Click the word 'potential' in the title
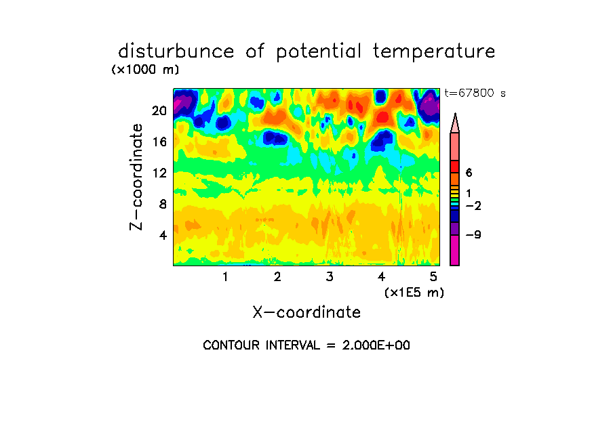pos(319,52)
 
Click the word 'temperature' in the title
pos(434,51)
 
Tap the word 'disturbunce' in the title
pos(176,51)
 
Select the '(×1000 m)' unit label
pos(145,70)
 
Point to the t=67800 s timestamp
pos(475,93)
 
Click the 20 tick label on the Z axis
pos(159,111)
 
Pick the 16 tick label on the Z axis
pos(159,142)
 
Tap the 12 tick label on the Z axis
pos(159,173)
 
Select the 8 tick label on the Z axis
pos(163,204)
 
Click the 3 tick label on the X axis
pos(330,276)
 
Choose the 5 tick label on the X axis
pos(433,276)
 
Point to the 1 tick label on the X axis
pos(225,276)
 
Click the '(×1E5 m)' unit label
pos(414,293)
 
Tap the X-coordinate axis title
pos(306,312)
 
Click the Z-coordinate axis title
pos(136,177)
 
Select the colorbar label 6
pos(469,173)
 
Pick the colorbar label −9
pos(473,235)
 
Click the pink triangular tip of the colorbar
pos(455,123)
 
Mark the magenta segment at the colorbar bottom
pos(455,251)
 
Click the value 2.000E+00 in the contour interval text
pos(376,345)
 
